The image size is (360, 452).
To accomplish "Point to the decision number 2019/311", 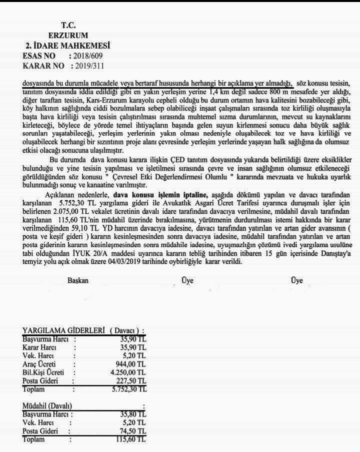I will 88,66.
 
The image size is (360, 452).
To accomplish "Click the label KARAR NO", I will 43,66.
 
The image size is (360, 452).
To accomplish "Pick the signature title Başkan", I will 78,281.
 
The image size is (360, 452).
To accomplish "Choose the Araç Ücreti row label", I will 39,364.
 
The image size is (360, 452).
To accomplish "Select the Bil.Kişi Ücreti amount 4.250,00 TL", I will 125,372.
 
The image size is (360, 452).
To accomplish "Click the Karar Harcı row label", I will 40,347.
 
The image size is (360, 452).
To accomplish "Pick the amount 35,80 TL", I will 131,414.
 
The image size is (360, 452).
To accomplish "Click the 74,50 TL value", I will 131,431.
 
